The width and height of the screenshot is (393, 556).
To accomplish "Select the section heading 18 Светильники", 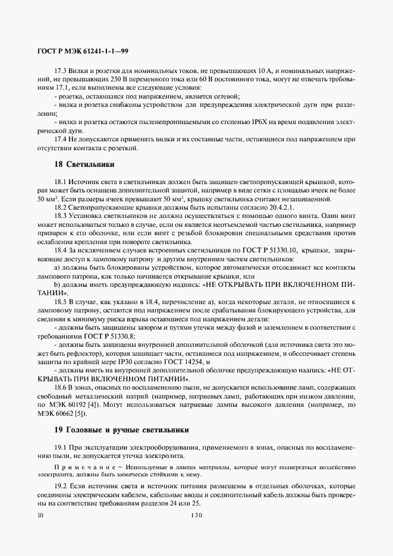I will pyautogui.click(x=84, y=163).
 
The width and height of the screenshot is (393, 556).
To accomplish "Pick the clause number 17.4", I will pyautogui.click(x=61, y=138).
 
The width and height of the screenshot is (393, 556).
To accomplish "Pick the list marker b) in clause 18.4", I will pyautogui.click(x=57, y=285).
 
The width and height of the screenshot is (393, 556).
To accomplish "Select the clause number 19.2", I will pyautogui.click(x=61, y=486).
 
